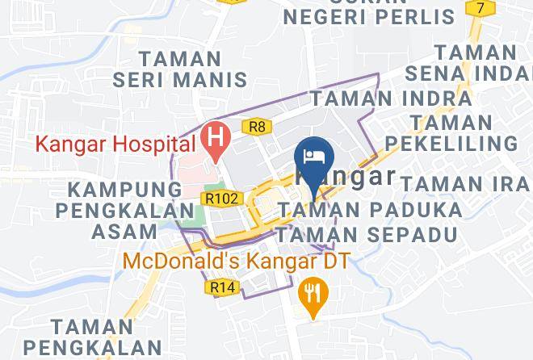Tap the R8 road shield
257,126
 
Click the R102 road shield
220,198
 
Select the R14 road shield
220,286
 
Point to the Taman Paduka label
371,211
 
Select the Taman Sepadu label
366,235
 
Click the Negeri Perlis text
368,15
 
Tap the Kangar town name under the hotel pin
347,177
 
